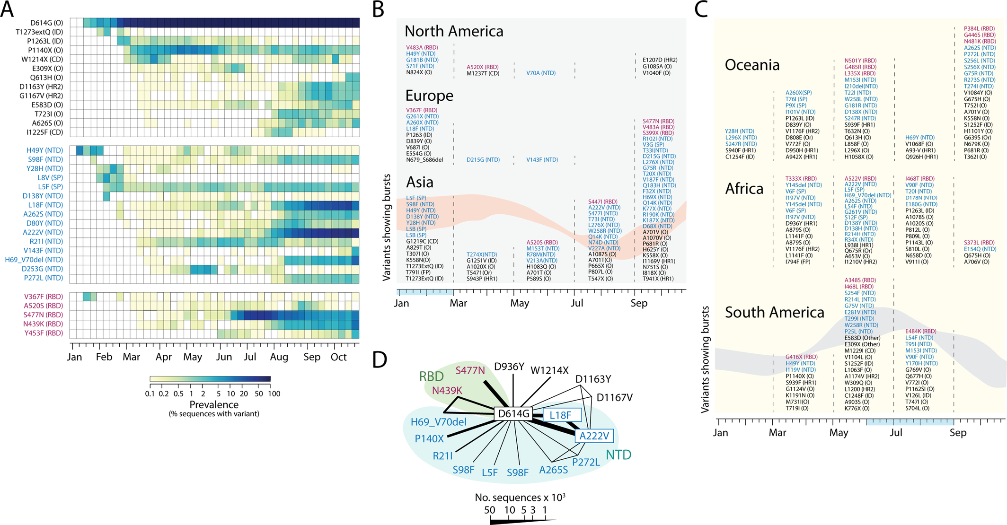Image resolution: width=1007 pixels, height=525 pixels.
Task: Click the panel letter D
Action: click(380, 359)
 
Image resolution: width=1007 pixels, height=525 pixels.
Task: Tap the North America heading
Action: click(454, 31)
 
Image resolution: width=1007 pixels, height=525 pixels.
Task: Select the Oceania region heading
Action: click(752, 65)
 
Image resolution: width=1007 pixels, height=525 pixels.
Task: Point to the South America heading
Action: click(775, 312)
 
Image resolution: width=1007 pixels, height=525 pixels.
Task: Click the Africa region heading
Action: click(744, 189)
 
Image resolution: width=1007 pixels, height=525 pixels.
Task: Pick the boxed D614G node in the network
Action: click(513, 414)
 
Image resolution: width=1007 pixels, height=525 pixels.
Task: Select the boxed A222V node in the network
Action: click(594, 436)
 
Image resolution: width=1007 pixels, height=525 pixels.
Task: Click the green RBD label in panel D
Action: click(432, 376)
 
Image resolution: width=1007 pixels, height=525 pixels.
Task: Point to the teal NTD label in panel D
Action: click(618, 455)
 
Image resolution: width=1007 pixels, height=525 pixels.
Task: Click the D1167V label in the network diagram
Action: click(614, 398)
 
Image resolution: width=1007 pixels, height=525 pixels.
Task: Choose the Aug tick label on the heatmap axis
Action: click(279, 357)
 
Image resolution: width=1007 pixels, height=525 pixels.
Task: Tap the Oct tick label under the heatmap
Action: click(339, 357)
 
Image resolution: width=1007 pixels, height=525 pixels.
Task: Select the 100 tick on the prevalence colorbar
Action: click(274, 394)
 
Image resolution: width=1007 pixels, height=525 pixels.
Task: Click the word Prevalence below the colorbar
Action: click(214, 404)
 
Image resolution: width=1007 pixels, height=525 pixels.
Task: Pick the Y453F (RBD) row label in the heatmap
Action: click(44, 333)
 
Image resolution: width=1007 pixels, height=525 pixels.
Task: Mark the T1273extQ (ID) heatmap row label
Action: click(39, 32)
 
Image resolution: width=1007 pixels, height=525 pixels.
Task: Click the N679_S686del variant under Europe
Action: click(424, 160)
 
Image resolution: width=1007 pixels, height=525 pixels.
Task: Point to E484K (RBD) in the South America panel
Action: click(920, 332)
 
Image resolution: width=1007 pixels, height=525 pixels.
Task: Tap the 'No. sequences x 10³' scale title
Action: click(520, 497)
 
